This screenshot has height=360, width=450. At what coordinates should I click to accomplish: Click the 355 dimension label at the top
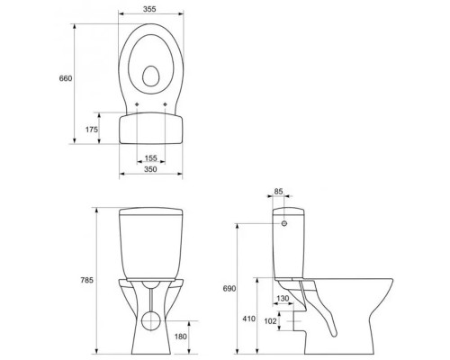(149, 9)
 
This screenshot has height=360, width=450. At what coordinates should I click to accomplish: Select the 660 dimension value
(66, 78)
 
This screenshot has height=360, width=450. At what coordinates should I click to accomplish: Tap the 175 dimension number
(92, 130)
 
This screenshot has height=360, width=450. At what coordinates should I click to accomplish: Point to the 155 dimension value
(150, 158)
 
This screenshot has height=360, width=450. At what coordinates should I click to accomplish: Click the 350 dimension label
(150, 169)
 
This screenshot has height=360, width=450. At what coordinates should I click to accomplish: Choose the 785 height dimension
(86, 280)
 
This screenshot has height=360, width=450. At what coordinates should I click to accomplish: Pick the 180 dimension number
(181, 337)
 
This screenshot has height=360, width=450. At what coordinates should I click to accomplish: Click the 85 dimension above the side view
(279, 191)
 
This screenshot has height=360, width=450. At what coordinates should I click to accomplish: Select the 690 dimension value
(229, 289)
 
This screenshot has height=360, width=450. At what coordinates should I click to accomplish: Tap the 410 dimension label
(249, 319)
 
